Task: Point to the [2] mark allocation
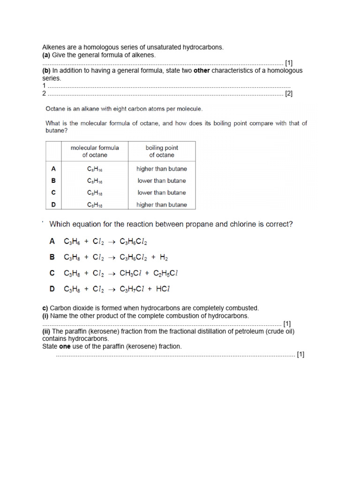pyautogui.click(x=289, y=94)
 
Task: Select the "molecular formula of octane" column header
pyautogui.click(x=95, y=151)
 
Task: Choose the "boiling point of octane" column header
pyautogui.click(x=162, y=151)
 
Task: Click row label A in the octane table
pyautogui.click(x=53, y=169)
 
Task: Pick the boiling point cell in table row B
pyautogui.click(x=162, y=180)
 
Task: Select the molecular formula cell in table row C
pyautogui.click(x=95, y=193)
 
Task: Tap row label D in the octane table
pyautogui.click(x=53, y=204)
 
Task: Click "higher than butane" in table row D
pyautogui.click(x=162, y=204)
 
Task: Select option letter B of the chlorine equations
pyautogui.click(x=52, y=257)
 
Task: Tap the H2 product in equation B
pyautogui.click(x=164, y=257)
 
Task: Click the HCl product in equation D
pyautogui.click(x=162, y=289)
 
